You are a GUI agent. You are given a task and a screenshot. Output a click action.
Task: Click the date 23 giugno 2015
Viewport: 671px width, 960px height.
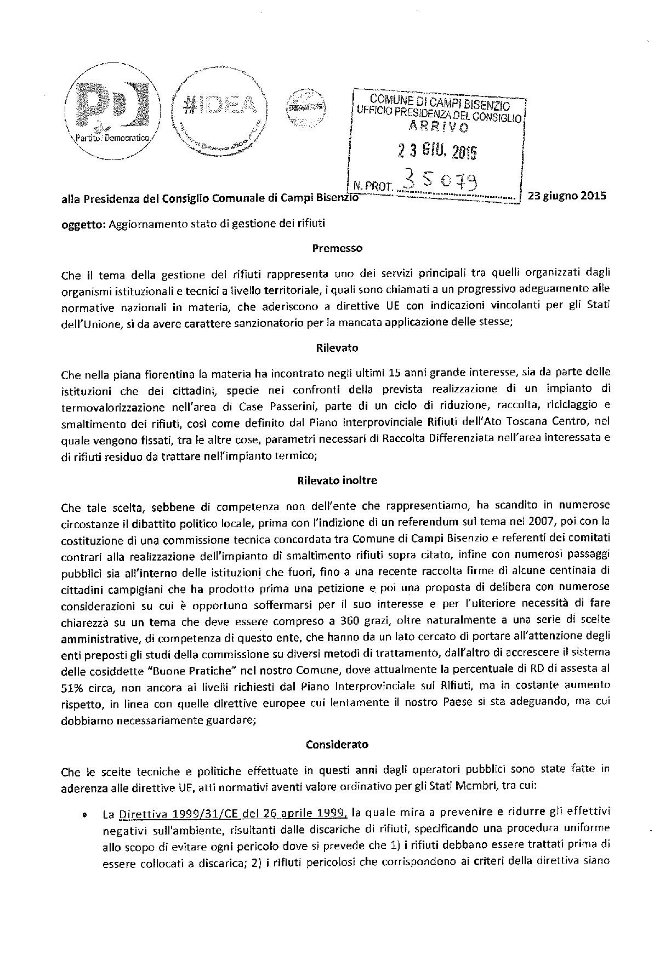point(567,196)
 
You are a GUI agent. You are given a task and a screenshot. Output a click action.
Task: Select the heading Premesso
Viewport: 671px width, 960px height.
point(337,248)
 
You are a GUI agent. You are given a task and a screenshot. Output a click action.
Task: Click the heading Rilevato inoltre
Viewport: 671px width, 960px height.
point(337,480)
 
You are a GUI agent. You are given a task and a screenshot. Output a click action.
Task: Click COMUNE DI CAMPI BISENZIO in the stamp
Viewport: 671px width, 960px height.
point(440,101)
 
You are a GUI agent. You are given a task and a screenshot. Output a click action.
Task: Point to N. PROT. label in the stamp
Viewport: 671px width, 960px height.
point(371,186)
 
